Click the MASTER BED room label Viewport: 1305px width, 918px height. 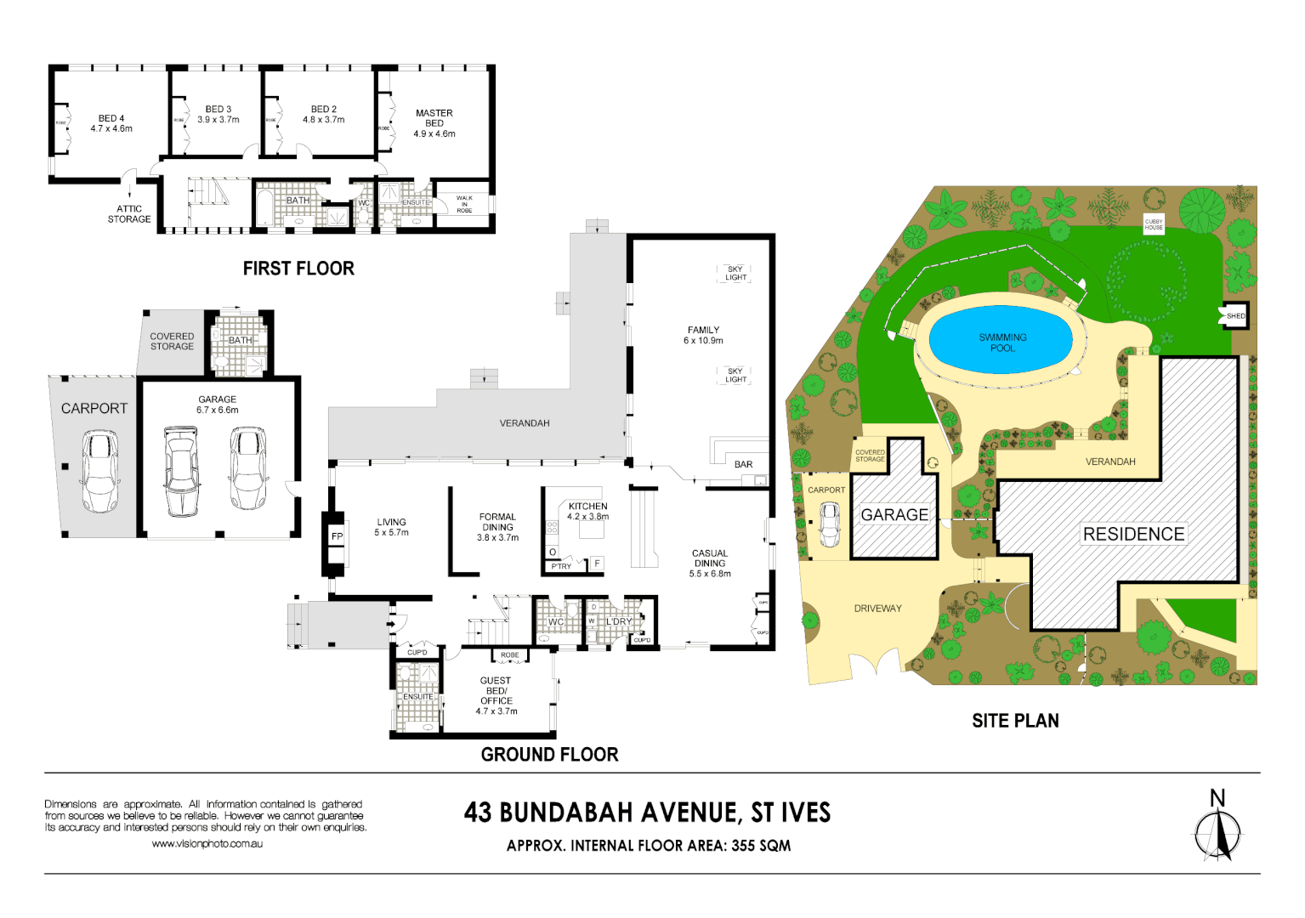click(x=434, y=123)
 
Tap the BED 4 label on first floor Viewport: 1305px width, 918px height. click(x=111, y=124)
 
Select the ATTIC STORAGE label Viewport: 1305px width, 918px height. click(x=129, y=214)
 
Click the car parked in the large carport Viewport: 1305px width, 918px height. click(x=99, y=470)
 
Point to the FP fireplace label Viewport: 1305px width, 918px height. click(x=337, y=537)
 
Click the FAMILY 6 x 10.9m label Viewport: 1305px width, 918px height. click(x=703, y=335)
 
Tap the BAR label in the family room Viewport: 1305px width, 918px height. click(x=743, y=465)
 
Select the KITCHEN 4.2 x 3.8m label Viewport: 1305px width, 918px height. click(x=588, y=511)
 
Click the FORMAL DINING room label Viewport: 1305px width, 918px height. click(x=497, y=527)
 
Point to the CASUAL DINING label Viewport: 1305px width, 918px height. click(x=710, y=563)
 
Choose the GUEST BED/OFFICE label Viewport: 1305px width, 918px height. click(x=496, y=695)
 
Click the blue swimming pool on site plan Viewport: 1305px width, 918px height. click(x=1002, y=342)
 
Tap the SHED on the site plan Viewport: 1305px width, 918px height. click(x=1235, y=316)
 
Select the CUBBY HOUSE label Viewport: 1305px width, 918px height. click(x=1154, y=224)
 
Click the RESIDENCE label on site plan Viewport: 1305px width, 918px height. click(x=1133, y=534)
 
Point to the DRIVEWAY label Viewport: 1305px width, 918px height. click(x=877, y=609)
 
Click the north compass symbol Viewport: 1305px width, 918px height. click(x=1217, y=833)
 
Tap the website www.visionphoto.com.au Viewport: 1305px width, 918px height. click(x=207, y=844)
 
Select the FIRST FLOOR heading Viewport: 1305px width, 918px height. click(x=298, y=269)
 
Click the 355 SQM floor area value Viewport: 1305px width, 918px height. click(x=761, y=846)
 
